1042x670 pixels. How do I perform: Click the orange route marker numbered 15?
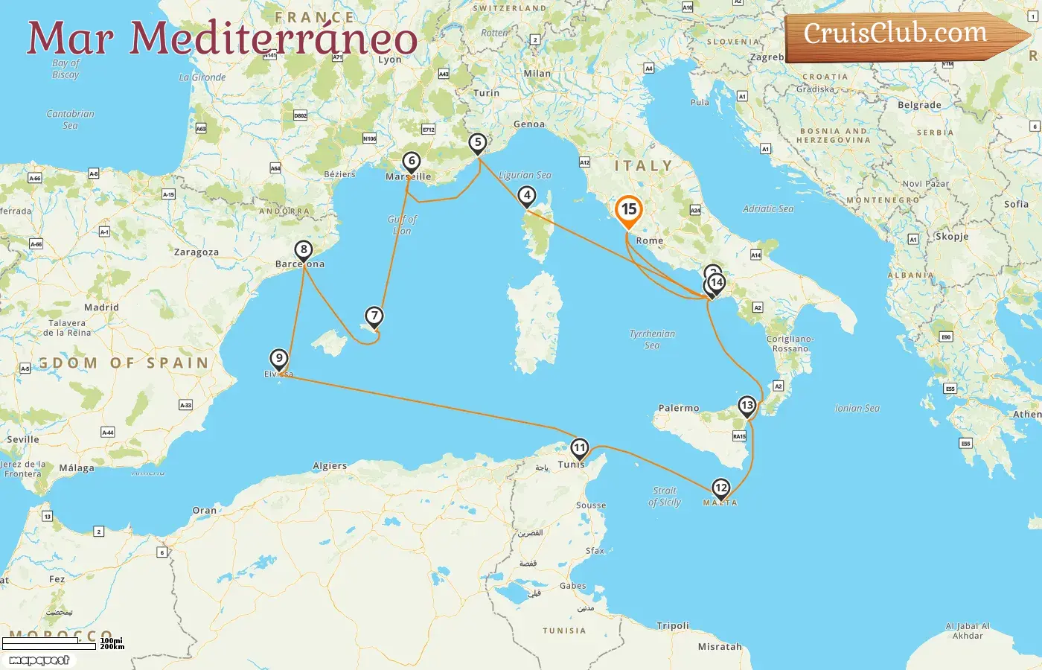pyautogui.click(x=629, y=210)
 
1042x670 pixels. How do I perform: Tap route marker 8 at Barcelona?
pyautogui.click(x=303, y=250)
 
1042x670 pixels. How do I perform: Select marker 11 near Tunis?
pyautogui.click(x=579, y=448)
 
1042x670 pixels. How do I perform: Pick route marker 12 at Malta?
pyautogui.click(x=720, y=488)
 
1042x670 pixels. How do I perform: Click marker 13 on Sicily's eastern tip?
pyautogui.click(x=747, y=406)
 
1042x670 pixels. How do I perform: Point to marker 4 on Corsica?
pyautogui.click(x=527, y=196)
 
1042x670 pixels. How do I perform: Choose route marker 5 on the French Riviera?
pyautogui.click(x=478, y=142)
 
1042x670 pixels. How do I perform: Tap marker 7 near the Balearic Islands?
pyautogui.click(x=374, y=316)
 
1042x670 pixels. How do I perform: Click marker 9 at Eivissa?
pyautogui.click(x=278, y=359)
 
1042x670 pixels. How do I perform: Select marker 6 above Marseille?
pyautogui.click(x=411, y=161)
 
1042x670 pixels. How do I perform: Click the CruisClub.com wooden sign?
pyautogui.click(x=901, y=35)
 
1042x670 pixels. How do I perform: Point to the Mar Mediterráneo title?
pyautogui.click(x=222, y=39)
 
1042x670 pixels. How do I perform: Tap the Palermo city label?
pyautogui.click(x=679, y=408)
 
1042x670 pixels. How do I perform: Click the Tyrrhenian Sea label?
pyautogui.click(x=652, y=339)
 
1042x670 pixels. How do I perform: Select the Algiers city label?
pyautogui.click(x=330, y=466)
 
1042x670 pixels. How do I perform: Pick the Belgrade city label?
pyautogui.click(x=919, y=105)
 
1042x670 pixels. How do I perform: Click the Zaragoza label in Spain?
pyautogui.click(x=196, y=252)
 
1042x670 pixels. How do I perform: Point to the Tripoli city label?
pyautogui.click(x=673, y=626)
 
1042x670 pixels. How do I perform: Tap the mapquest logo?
pyautogui.click(x=39, y=660)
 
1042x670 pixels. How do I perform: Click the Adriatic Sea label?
pyautogui.click(x=768, y=209)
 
